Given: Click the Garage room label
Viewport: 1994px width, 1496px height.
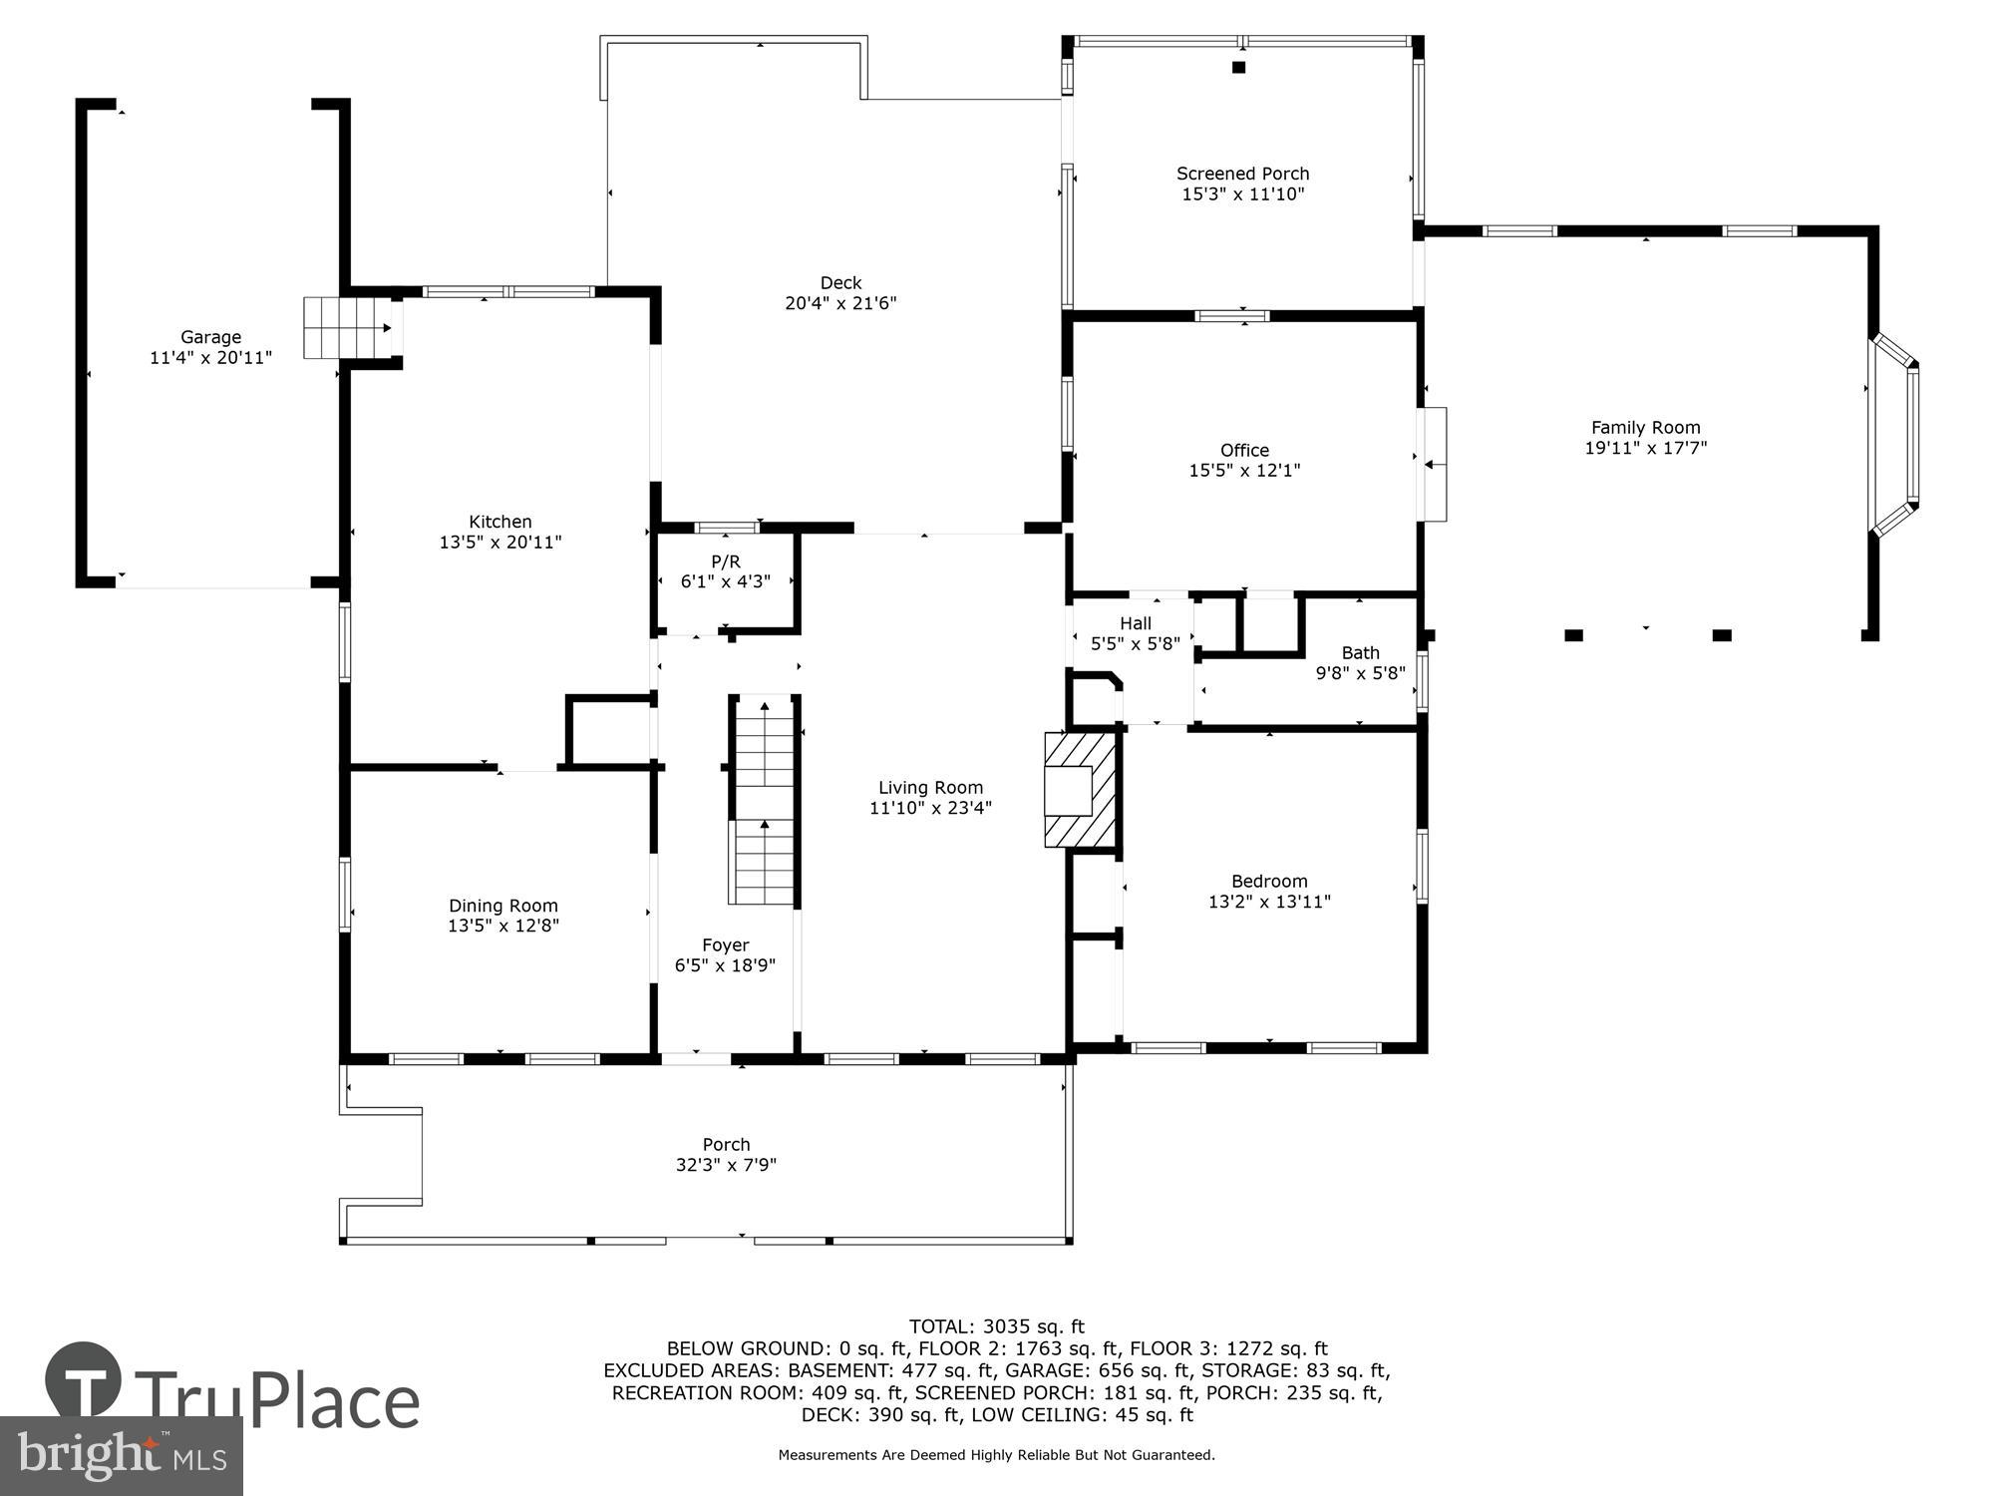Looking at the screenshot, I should (210, 337).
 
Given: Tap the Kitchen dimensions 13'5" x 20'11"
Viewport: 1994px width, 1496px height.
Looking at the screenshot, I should (500, 543).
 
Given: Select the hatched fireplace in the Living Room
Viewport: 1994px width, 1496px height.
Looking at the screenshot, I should (1080, 790).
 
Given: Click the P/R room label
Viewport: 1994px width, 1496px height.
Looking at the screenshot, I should (726, 562).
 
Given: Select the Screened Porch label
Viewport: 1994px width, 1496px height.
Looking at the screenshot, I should (1242, 174).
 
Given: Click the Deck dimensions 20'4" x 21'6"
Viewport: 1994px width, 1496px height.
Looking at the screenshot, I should (840, 303).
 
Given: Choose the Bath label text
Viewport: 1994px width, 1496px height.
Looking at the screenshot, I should (1360, 653).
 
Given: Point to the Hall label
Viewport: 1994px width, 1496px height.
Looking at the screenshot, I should (1135, 623).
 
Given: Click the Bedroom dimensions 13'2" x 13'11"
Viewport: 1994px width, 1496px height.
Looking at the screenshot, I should (1269, 902).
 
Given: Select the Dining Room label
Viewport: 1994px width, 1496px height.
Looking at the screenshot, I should (502, 906).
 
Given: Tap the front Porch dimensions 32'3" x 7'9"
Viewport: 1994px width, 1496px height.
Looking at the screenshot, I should (726, 1165).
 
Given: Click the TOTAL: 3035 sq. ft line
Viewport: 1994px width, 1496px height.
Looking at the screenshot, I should (996, 1326).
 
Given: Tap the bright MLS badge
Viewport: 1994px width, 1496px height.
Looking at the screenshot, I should (121, 1457).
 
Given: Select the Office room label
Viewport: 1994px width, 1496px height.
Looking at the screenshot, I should (1244, 450).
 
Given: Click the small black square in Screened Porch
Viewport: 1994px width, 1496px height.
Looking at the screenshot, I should (1239, 68).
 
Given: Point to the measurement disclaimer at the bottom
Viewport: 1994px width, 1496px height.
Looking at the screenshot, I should (996, 1455).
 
